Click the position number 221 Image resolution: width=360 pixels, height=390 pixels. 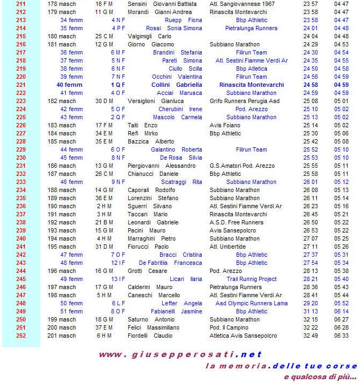(21, 85)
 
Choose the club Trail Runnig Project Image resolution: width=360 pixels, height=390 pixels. (252, 279)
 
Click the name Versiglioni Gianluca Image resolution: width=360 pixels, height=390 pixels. (156, 101)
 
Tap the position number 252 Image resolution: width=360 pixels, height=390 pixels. (21, 336)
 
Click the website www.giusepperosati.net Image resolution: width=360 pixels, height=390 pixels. (180, 354)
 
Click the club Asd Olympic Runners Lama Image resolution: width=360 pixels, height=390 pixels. (252, 303)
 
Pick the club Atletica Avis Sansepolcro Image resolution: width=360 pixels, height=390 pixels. (243, 336)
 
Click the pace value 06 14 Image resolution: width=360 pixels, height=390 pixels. (341, 311)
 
